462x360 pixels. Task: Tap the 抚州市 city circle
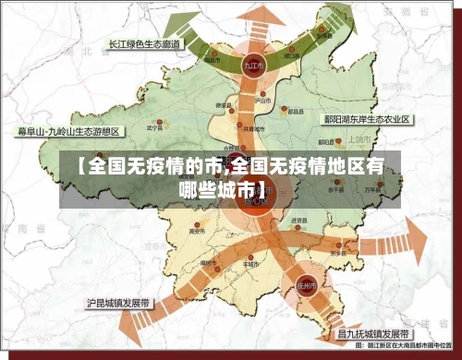pos(309,285)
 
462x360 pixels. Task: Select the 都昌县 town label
pos(296,110)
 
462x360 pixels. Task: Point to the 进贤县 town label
pos(298,221)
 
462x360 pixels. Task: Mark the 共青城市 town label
pos(244,129)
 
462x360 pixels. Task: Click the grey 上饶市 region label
pos(359,138)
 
